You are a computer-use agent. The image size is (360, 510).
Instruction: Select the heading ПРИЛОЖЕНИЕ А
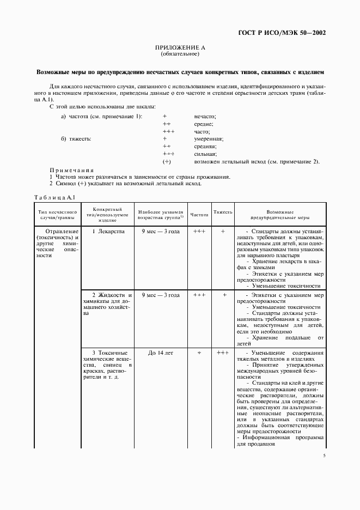click(180, 48)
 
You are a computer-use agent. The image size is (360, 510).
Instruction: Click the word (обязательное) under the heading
click(180, 54)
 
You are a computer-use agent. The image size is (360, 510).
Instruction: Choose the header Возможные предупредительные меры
click(280, 214)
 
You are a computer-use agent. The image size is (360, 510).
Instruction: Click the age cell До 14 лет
click(161, 353)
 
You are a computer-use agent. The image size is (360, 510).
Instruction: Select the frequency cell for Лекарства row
click(199, 232)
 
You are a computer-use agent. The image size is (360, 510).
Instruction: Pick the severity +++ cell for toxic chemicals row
click(223, 353)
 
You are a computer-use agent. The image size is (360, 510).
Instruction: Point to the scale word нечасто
click(205, 117)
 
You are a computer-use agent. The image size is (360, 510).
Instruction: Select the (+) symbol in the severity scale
click(167, 162)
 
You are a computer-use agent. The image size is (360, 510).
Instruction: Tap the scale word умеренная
click(209, 139)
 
